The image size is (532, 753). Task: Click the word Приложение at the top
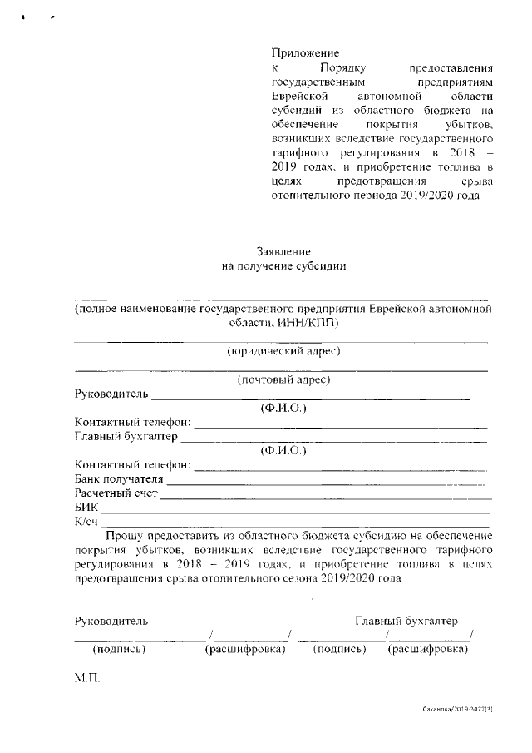[x=306, y=52]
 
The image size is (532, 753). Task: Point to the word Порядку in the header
[x=343, y=67]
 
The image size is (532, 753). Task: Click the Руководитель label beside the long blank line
[x=111, y=394]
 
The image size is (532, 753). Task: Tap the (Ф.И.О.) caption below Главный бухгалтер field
[x=283, y=451]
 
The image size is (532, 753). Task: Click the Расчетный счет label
[x=116, y=493]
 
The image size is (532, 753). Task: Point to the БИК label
[x=86, y=508]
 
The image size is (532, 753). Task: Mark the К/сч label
[x=86, y=522]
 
